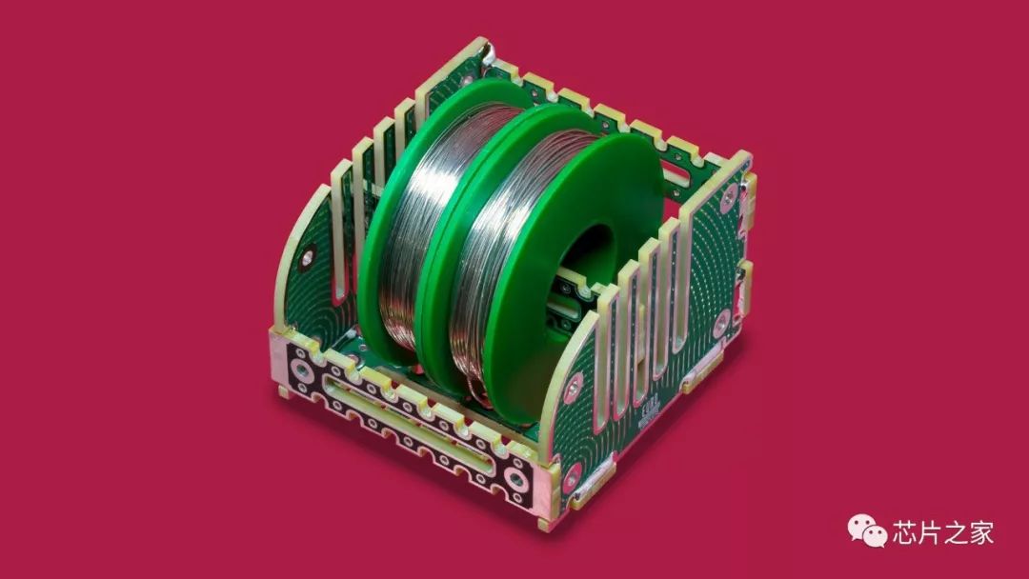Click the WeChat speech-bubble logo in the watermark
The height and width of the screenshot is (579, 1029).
click(x=867, y=530)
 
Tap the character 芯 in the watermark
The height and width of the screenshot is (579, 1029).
click(x=905, y=532)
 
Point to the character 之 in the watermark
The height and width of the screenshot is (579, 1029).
click(x=957, y=532)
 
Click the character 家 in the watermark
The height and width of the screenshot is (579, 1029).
click(x=981, y=532)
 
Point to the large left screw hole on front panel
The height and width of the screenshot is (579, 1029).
click(x=302, y=371)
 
